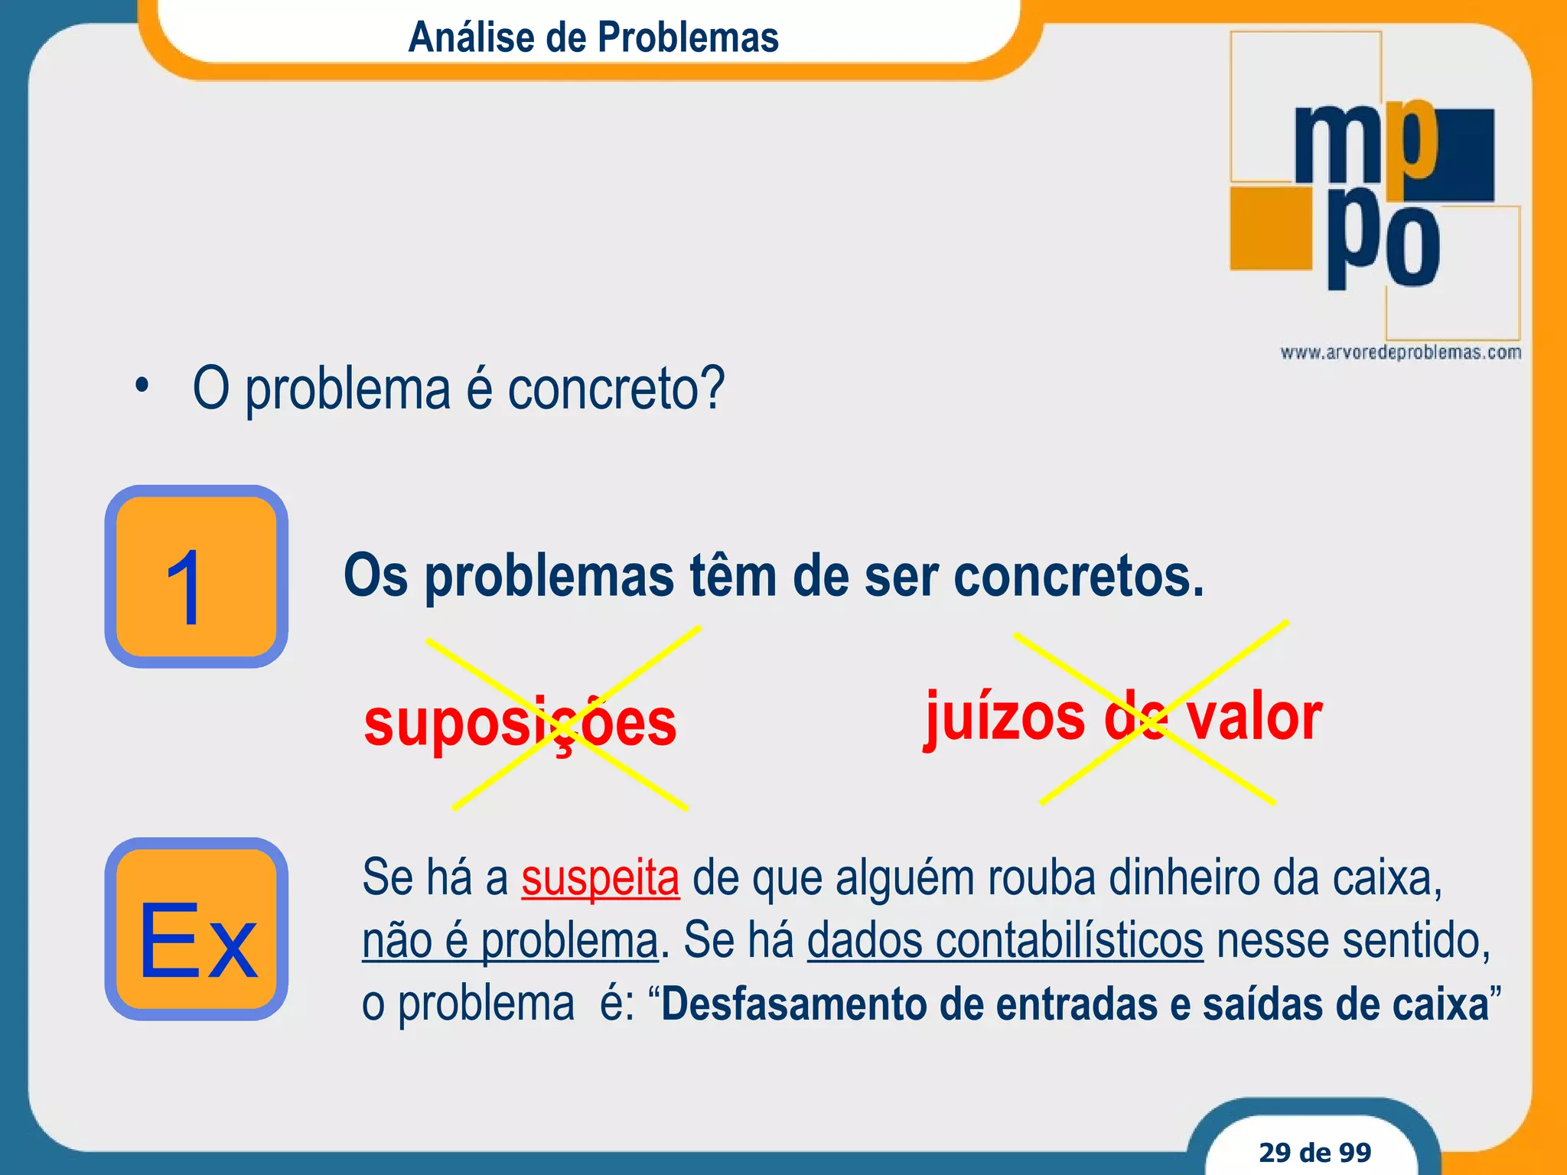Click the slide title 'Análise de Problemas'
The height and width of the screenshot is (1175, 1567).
[593, 37]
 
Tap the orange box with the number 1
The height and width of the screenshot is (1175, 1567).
[196, 577]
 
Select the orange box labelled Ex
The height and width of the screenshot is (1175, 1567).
[196, 929]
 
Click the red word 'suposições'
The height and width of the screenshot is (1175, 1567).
[520, 724]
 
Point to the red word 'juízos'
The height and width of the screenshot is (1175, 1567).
[1005, 718]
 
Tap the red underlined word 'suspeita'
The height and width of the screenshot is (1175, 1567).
[601, 877]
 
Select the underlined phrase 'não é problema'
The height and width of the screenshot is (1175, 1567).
[510, 940]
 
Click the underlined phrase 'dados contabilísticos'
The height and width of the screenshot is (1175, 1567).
[1005, 940]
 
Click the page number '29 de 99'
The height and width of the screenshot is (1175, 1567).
[1315, 1152]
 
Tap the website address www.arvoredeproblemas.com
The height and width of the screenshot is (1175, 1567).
[1400, 353]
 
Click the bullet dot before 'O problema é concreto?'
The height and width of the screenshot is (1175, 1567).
[141, 386]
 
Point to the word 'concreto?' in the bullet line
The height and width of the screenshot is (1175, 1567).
[616, 389]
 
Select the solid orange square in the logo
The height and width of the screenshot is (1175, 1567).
[1271, 228]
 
